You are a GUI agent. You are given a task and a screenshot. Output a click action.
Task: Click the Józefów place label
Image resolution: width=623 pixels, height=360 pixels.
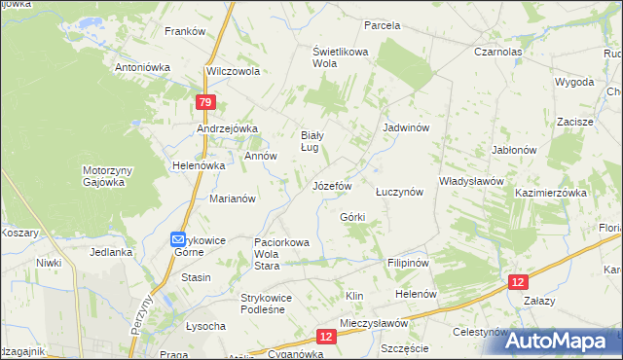point(331,186)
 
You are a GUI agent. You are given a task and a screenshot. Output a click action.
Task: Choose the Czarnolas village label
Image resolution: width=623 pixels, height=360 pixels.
point(498,52)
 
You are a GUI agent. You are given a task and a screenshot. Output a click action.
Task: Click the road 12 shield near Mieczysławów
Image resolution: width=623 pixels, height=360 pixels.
point(326,337)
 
